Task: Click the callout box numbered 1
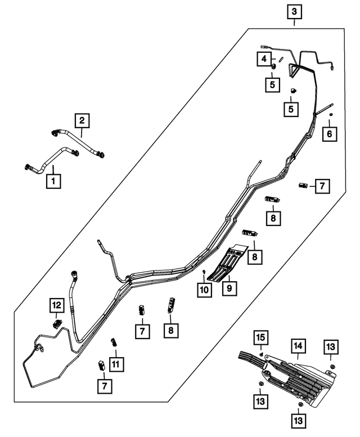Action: pyautogui.click(x=54, y=181)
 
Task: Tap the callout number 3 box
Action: pyautogui.click(x=295, y=11)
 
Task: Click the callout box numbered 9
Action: pyautogui.click(x=230, y=288)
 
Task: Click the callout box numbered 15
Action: pyautogui.click(x=262, y=338)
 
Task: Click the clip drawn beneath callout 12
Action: pyautogui.click(x=57, y=323)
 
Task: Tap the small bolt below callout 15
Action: pyautogui.click(x=263, y=353)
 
